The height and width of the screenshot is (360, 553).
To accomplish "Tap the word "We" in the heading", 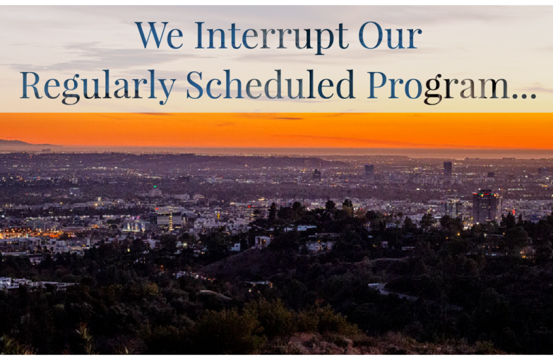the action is (x=159, y=35).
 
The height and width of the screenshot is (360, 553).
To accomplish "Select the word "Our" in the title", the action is (x=389, y=35).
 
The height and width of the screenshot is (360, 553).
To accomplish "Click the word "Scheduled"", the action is (x=270, y=84).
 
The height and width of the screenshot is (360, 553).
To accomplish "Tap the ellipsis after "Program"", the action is (x=524, y=95).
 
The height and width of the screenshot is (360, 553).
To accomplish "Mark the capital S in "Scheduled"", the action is (x=194, y=84).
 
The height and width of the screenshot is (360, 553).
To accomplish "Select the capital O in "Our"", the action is (x=370, y=35).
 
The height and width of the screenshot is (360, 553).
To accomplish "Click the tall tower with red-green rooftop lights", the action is (x=486, y=207).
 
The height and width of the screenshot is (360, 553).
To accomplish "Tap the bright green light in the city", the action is (x=154, y=187).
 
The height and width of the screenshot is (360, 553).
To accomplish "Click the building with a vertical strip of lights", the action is (x=171, y=221).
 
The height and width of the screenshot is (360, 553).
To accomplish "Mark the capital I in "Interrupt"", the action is (x=200, y=35).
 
